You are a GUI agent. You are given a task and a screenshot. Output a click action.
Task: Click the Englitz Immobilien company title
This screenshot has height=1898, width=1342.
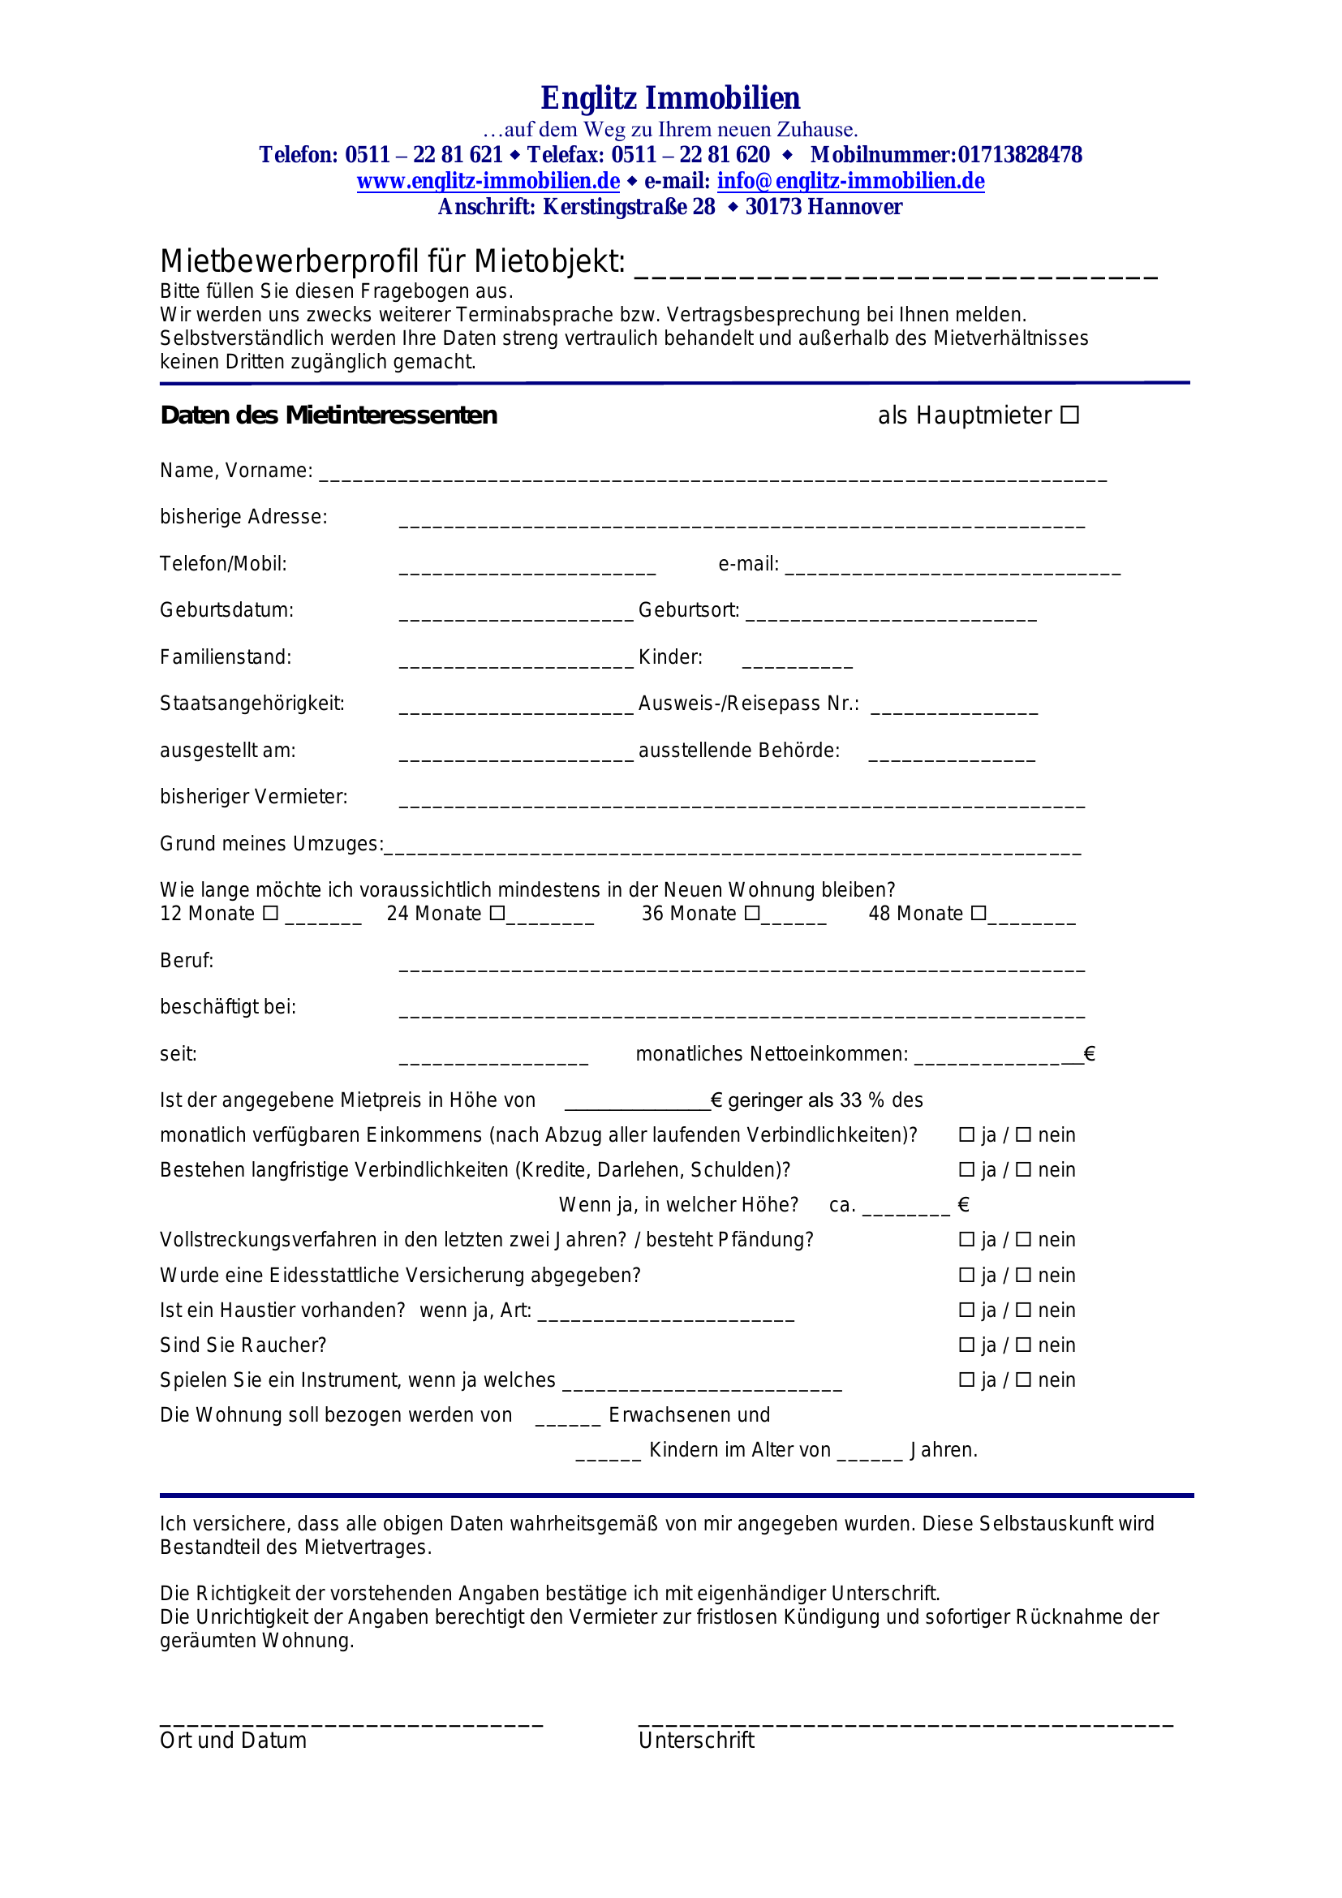coord(670,98)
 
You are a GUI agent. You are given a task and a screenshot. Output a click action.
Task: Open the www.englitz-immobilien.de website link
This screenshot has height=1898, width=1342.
coord(488,181)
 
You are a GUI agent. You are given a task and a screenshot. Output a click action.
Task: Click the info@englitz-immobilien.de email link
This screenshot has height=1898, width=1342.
coord(850,181)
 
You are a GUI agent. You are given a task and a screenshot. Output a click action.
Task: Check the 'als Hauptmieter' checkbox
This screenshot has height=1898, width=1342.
coord(1069,415)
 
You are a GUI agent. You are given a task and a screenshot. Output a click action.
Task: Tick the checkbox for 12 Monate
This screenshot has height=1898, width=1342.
coord(270,914)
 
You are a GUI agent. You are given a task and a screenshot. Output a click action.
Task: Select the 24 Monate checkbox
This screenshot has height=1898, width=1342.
coord(497,914)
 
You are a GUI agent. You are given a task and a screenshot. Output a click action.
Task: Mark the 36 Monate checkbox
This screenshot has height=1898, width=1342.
coord(752,914)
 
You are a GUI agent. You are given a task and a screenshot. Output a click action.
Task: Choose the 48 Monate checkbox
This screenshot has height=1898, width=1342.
coord(979,914)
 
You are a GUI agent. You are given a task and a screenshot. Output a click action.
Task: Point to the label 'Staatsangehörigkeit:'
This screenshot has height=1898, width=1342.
coord(252,704)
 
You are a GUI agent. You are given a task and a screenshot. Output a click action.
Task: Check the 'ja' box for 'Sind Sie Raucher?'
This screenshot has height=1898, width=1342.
coord(966,1345)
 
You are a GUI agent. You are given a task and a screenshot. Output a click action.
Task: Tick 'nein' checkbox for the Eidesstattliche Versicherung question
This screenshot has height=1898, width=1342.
coord(1023,1276)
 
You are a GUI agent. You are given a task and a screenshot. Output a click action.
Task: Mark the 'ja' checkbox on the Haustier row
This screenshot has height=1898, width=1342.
coord(966,1311)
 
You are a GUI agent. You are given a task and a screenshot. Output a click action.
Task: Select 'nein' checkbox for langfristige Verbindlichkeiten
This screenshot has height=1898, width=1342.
coord(1023,1170)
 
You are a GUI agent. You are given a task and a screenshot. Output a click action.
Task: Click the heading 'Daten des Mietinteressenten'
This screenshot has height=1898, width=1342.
coord(329,415)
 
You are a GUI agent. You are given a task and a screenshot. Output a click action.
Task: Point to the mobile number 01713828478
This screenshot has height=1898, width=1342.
coord(1020,156)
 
